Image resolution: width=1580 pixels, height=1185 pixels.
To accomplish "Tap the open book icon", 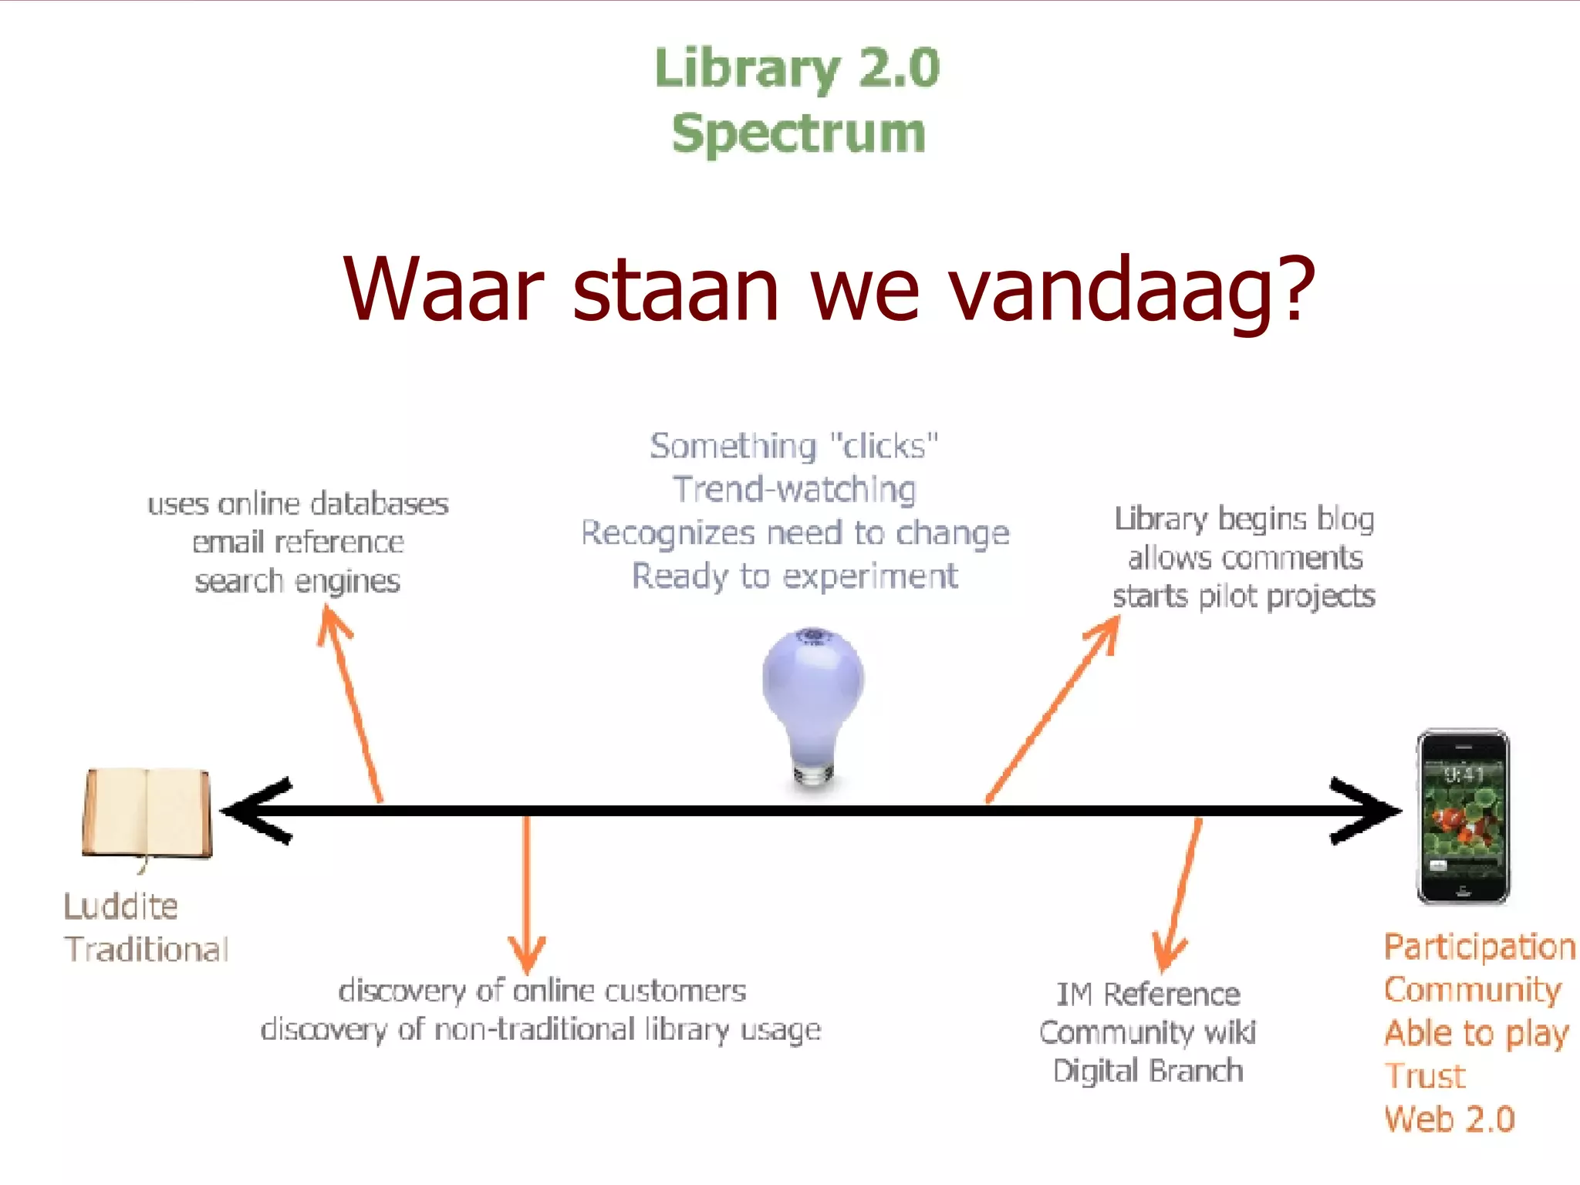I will click(x=147, y=814).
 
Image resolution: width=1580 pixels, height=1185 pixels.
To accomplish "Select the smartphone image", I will click(x=1463, y=816).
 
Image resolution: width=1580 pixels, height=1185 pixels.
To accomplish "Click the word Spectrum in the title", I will click(x=798, y=133).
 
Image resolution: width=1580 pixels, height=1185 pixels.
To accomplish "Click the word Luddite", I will click(x=121, y=906).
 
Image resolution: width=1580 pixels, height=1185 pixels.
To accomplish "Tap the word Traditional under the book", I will click(x=147, y=949).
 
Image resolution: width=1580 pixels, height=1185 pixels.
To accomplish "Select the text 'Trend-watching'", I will click(x=795, y=489).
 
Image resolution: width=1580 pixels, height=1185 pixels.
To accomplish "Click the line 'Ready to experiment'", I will click(x=795, y=576).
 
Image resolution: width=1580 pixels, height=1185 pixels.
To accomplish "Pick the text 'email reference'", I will click(x=298, y=542).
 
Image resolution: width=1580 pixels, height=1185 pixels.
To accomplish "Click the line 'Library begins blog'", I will click(x=1244, y=519).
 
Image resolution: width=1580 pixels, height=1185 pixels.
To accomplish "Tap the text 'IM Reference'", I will click(x=1148, y=994).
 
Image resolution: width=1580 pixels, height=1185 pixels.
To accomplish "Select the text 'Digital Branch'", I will click(x=1148, y=1071).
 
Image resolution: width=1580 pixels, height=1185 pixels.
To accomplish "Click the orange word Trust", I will click(x=1425, y=1076).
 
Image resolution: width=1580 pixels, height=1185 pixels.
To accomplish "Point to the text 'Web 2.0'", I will click(x=1450, y=1119).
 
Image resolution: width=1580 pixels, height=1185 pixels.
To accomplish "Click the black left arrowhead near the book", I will click(x=258, y=810).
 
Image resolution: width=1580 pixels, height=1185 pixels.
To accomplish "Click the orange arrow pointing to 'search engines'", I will click(x=352, y=702).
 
